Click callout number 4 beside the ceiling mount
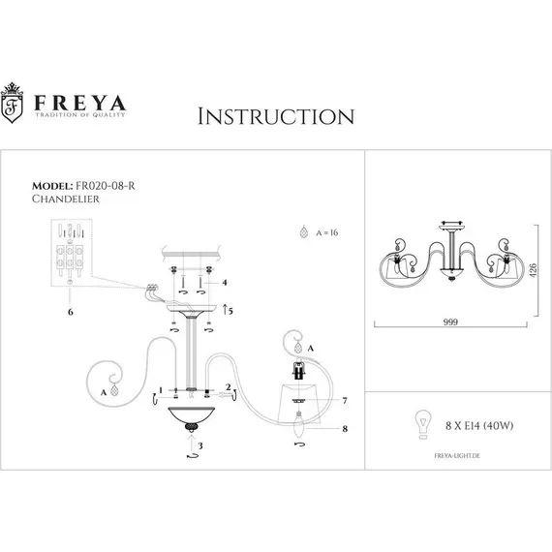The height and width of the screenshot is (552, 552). [225, 283]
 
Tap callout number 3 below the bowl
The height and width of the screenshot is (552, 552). [201, 445]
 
